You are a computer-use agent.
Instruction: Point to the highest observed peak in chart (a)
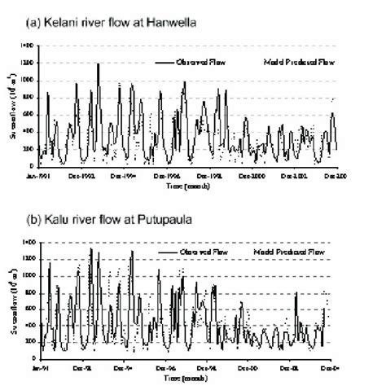point(98,64)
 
